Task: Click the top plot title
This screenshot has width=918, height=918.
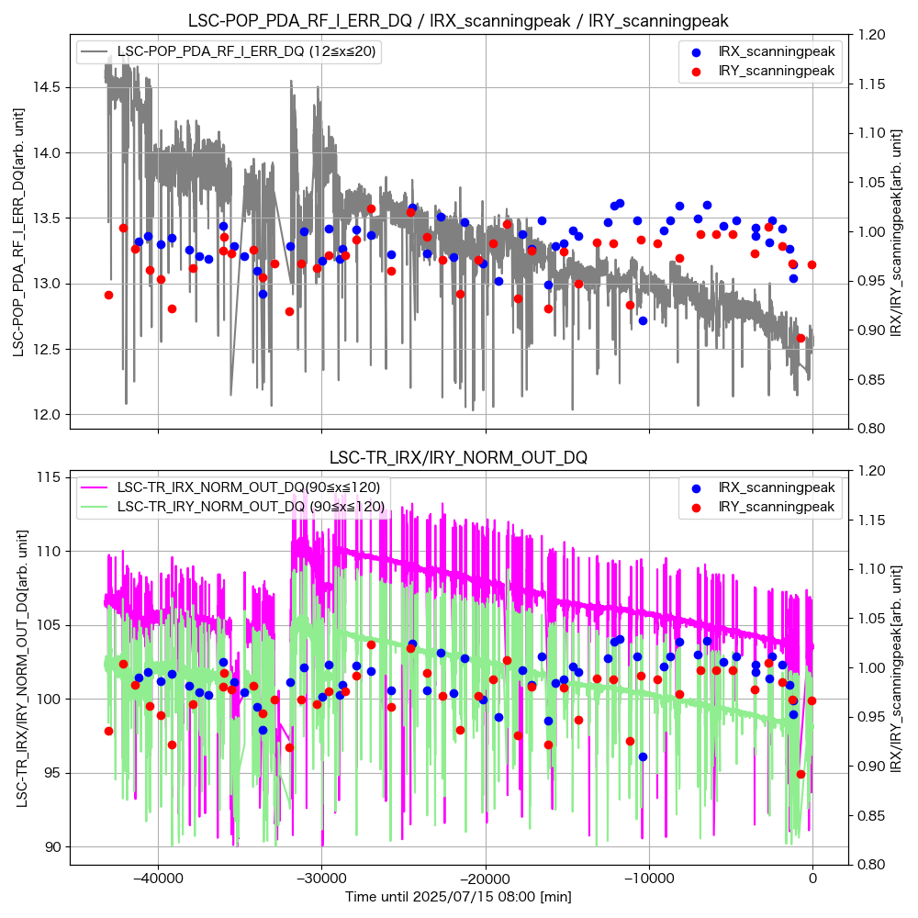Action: pos(458,20)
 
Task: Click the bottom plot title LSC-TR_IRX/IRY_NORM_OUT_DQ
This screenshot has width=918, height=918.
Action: pos(458,457)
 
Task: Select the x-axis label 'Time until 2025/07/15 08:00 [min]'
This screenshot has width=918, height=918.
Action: pos(458,897)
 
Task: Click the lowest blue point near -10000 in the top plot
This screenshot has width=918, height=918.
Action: pos(643,320)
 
